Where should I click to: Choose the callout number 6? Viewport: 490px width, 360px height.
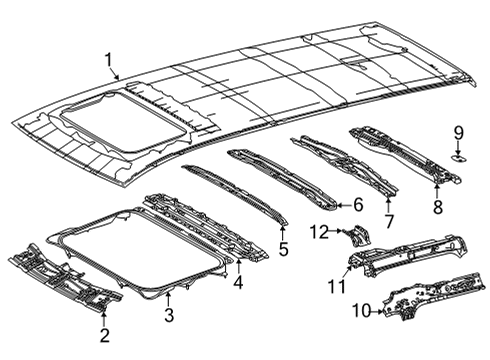coord(357,205)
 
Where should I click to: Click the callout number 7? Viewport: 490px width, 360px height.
coord(389,220)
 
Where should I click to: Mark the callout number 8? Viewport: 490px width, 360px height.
coord(437,208)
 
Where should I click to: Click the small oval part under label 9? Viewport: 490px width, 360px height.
coord(457,157)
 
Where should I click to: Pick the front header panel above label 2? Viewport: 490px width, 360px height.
coord(65,275)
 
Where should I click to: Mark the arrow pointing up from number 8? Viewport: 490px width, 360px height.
coord(437,190)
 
